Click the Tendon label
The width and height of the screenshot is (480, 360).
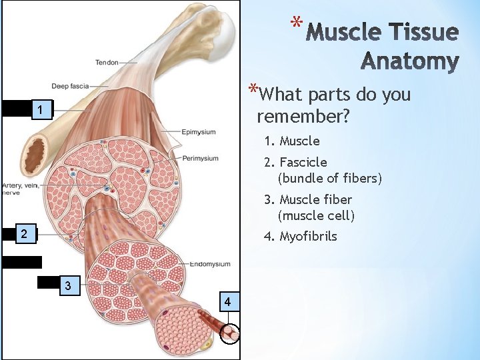coord(107,63)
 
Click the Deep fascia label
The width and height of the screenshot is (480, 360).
coord(70,87)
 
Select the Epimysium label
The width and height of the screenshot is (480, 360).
coord(199,132)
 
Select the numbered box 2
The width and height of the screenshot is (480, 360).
coord(24,233)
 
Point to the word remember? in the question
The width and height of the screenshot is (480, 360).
coord(303,117)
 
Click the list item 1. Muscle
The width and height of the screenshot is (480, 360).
coord(291,141)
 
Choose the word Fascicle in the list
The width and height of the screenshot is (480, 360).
coord(303,162)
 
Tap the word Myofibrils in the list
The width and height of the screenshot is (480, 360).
coord(308,236)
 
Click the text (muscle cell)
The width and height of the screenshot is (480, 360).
coord(316,215)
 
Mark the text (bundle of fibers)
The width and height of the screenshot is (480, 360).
coord(329,178)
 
